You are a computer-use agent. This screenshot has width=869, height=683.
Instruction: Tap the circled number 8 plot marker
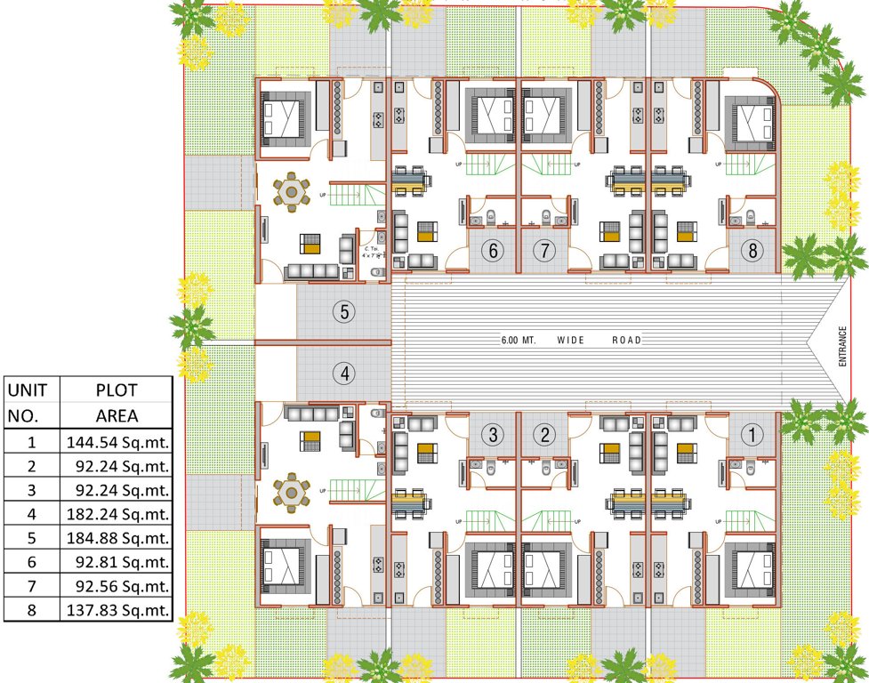click(x=752, y=251)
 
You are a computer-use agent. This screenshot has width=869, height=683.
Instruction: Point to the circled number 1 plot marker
click(x=752, y=435)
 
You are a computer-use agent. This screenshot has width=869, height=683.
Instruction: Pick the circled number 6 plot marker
click(x=495, y=251)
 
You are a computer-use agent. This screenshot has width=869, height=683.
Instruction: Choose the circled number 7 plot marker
click(x=544, y=251)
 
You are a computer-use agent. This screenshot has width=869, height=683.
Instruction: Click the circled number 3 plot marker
click(x=495, y=435)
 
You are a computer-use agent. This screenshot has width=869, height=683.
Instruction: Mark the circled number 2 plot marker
click(x=544, y=435)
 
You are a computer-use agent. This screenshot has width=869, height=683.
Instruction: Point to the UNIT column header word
click(x=31, y=390)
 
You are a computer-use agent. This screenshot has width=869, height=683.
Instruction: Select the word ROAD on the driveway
click(x=626, y=341)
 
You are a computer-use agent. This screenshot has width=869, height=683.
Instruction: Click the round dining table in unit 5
click(x=292, y=192)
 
